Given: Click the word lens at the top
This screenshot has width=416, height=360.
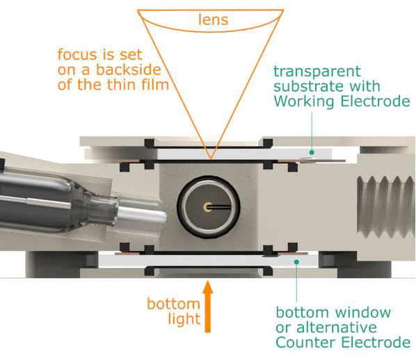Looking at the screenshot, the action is [x=214, y=20].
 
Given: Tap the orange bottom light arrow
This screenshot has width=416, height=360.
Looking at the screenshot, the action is [x=208, y=306].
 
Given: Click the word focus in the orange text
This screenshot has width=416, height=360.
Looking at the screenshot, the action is [x=77, y=54].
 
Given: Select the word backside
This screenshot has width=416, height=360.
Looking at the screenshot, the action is [x=129, y=69].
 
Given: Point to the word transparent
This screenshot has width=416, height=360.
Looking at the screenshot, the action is [x=317, y=72].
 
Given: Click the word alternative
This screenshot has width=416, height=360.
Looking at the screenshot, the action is [x=337, y=327].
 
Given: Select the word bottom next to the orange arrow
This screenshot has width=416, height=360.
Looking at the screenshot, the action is [x=173, y=304].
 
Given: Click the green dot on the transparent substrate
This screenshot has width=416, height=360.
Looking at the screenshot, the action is [x=312, y=152].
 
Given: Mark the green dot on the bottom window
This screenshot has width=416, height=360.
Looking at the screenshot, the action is [x=296, y=262].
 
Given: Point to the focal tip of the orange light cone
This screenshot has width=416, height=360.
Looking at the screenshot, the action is [x=211, y=158].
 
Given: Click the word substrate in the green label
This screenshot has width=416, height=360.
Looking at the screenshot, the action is [x=309, y=87].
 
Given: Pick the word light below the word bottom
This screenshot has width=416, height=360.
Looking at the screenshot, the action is [x=184, y=319].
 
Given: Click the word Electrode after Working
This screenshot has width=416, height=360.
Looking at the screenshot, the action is [x=375, y=101].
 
